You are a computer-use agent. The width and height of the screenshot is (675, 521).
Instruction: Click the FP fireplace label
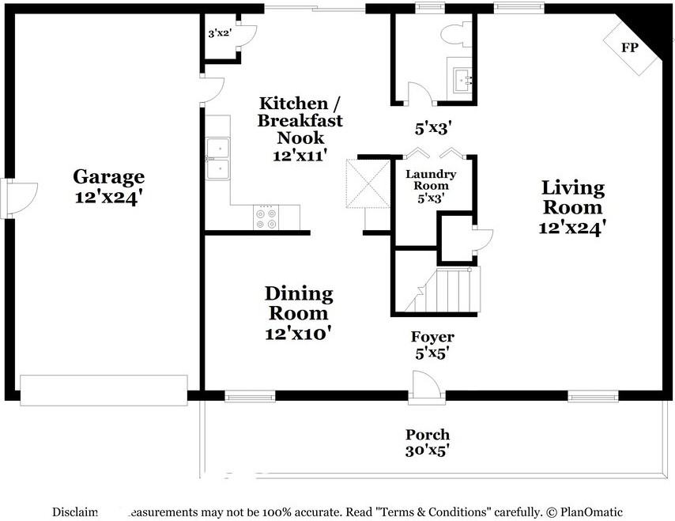629,47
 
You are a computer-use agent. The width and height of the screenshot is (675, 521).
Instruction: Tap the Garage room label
108,176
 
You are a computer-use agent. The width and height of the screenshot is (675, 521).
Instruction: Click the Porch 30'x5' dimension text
428,451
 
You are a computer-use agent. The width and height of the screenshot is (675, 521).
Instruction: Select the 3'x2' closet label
219,33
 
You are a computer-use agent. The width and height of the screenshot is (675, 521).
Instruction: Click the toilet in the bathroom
455,34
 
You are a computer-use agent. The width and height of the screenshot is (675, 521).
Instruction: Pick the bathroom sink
461,78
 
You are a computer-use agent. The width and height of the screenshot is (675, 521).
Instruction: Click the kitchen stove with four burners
266,218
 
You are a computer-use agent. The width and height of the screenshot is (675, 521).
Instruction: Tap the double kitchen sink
217,159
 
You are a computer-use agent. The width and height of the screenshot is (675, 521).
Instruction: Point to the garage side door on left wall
20,193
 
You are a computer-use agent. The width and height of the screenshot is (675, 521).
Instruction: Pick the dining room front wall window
250,396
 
